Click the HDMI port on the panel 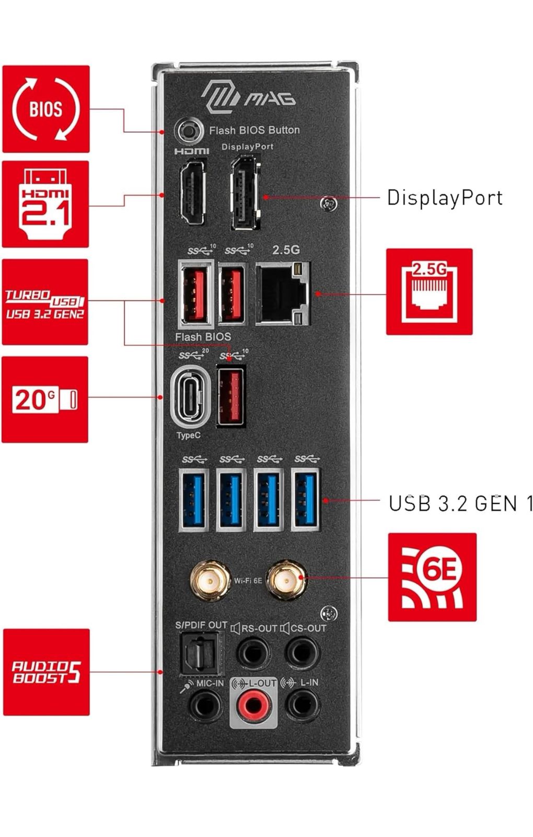(192, 193)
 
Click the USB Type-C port (190, 397)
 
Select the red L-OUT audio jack (253, 705)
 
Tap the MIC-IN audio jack (205, 705)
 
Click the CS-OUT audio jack (302, 653)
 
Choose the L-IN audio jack (302, 705)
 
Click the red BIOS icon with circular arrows (46, 109)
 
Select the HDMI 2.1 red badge (45, 204)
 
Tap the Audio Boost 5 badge (47, 672)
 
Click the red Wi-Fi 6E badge (432, 577)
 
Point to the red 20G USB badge (45, 400)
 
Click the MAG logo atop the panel (249, 96)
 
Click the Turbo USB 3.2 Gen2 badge (45, 302)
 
